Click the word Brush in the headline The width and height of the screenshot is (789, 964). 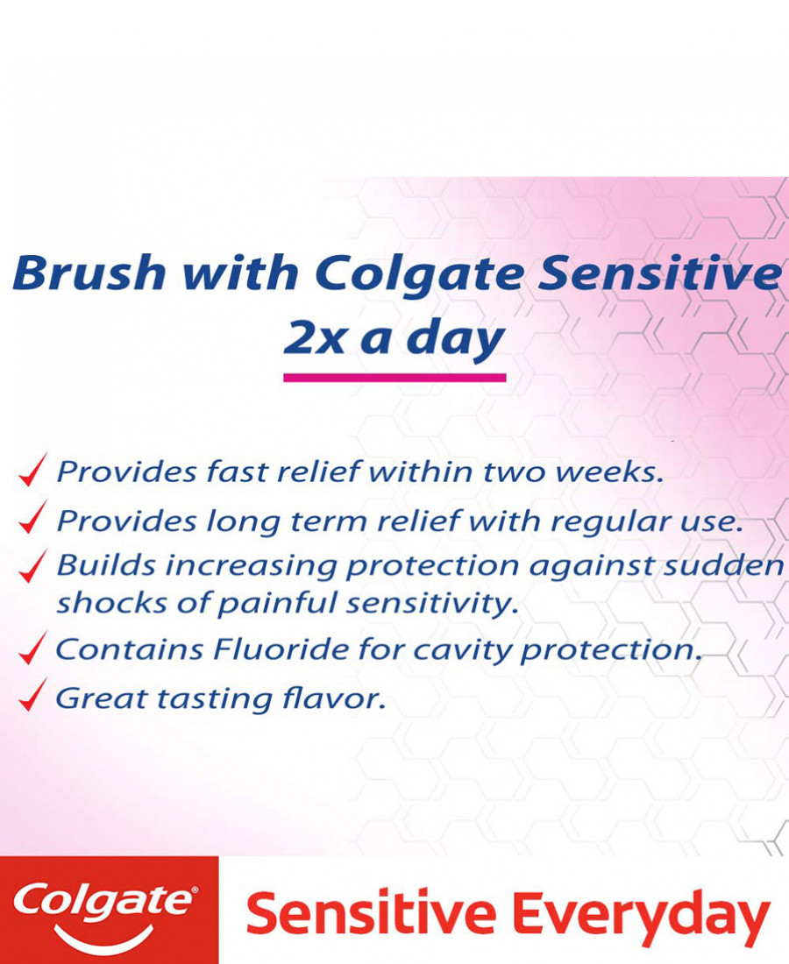(x=89, y=272)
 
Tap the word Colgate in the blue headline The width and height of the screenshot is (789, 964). (x=419, y=275)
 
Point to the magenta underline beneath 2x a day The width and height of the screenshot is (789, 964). (x=394, y=378)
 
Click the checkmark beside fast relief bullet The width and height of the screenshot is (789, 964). (x=32, y=470)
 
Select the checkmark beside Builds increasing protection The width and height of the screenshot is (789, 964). (x=32, y=566)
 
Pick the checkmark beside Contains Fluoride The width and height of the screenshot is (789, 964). (x=32, y=648)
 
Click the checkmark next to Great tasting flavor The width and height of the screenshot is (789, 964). (x=32, y=695)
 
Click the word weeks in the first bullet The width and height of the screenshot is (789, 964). (x=609, y=471)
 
